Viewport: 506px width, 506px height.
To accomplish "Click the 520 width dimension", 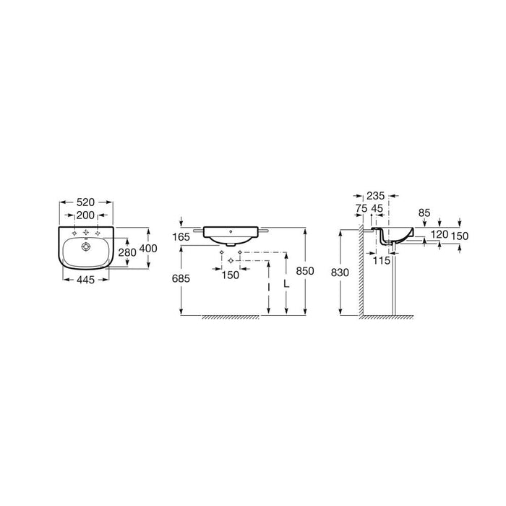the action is [85, 202].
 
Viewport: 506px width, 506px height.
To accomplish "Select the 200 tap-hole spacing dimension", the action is [85, 215].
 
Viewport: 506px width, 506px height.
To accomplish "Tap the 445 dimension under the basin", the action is [85, 280].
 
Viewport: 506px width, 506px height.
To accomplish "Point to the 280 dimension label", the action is [127, 252].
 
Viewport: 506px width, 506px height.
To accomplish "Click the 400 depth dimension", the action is [148, 248].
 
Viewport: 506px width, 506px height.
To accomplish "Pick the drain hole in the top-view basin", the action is [86, 247].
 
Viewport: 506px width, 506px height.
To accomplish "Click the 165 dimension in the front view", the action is [181, 237].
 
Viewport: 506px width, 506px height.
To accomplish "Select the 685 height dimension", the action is [181, 278].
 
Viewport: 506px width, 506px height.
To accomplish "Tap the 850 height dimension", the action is [305, 271].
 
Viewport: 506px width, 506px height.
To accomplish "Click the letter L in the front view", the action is [286, 283].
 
